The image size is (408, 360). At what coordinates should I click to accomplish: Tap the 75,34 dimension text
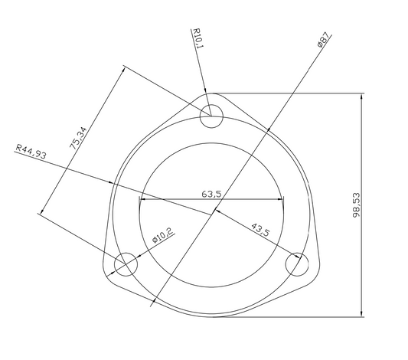77,137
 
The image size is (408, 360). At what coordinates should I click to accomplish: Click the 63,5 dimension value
211,194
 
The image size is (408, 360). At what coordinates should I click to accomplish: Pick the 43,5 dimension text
260,228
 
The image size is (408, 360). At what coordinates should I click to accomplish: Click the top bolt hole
211,117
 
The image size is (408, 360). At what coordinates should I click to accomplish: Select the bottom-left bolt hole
126,265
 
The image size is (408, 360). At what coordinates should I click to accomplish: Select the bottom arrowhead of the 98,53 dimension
362,314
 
